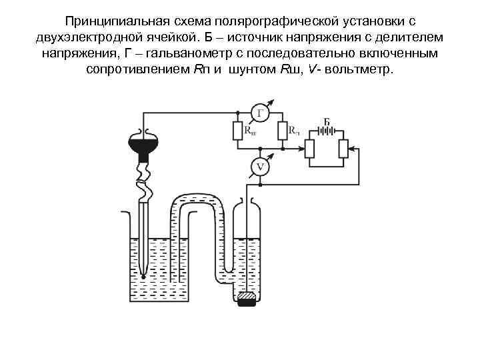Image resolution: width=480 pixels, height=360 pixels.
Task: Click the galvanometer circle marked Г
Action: pyautogui.click(x=261, y=113)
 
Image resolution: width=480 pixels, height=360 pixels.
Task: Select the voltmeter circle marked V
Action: pyautogui.click(x=260, y=167)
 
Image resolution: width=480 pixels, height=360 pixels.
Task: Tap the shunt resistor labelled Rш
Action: pyautogui.click(x=237, y=131)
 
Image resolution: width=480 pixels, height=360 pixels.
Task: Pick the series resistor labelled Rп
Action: pyautogui.click(x=282, y=131)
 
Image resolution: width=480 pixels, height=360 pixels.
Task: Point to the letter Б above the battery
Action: pyautogui.click(x=327, y=120)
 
